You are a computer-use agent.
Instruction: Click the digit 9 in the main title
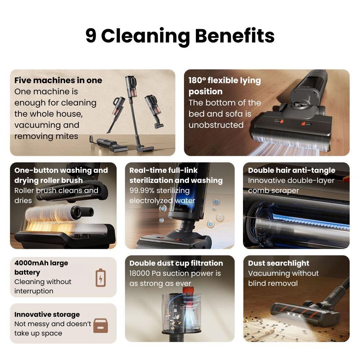91,36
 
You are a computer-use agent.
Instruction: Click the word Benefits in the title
234,36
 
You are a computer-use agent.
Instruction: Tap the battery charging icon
100,278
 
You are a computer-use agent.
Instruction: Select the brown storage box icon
100,325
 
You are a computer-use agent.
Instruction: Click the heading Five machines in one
58,80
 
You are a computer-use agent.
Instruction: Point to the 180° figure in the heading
197,80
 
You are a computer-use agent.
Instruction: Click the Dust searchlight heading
279,263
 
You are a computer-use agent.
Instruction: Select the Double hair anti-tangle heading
292,170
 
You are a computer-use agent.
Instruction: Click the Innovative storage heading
47,314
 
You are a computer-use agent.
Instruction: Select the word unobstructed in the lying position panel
216,125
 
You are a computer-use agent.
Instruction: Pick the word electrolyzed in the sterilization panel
150,201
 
